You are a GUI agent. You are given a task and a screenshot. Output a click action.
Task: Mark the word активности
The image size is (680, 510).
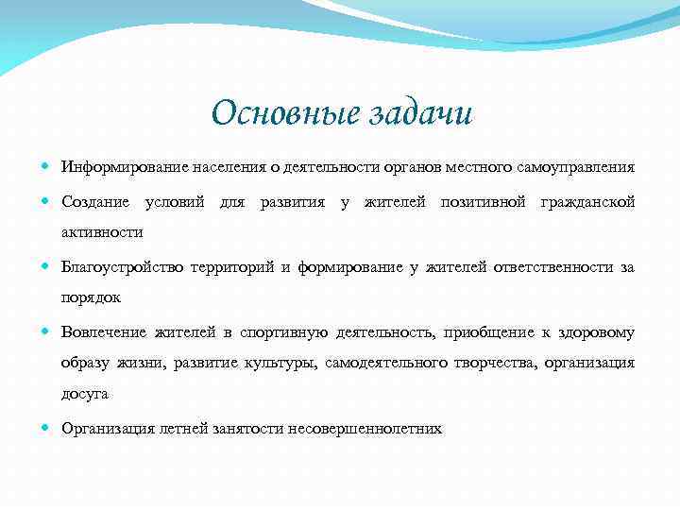[102, 232]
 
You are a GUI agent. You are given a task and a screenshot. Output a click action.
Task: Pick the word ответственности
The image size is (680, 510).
[552, 267]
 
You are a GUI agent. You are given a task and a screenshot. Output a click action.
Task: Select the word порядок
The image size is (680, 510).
[93, 297]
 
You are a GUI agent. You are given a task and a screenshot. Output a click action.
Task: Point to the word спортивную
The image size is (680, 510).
[282, 332]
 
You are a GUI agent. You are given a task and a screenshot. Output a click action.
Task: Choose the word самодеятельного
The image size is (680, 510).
[400, 363]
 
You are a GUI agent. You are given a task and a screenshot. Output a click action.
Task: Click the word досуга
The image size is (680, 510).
[85, 394]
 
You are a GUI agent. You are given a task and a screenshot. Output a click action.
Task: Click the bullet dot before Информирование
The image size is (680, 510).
[48, 167]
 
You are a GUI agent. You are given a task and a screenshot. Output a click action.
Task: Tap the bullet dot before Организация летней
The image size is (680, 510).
[48, 428]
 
